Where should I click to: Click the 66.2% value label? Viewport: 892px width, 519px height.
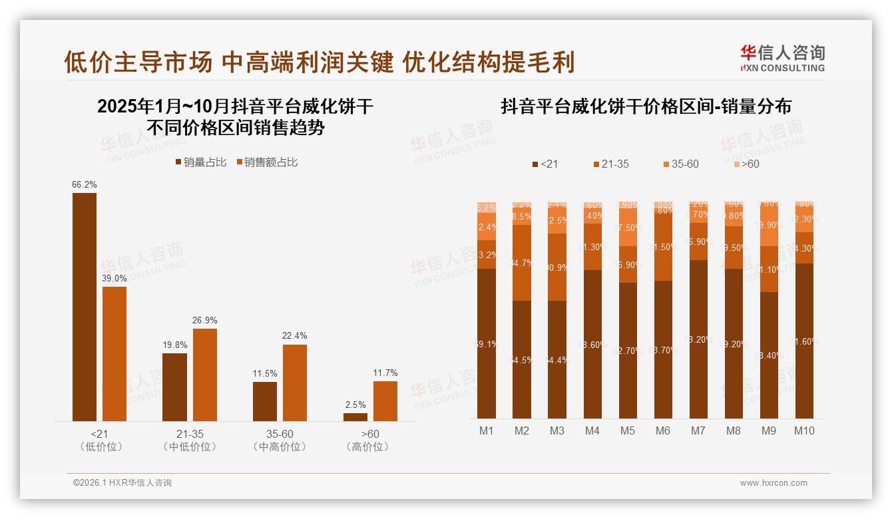[84, 184]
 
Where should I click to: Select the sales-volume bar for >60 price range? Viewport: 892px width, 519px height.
[355, 417]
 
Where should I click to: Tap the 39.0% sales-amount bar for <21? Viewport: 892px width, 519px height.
[114, 353]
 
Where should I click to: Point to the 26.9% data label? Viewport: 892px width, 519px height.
[204, 320]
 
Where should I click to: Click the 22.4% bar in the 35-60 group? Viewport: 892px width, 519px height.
[295, 383]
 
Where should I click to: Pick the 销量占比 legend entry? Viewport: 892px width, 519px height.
[200, 162]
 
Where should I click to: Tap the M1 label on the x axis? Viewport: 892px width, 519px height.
[487, 431]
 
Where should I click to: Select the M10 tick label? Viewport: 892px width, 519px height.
[804, 431]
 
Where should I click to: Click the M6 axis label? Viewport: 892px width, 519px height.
[663, 431]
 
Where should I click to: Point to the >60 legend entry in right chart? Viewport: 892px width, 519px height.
[746, 164]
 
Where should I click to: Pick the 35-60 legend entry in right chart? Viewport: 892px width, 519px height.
[681, 164]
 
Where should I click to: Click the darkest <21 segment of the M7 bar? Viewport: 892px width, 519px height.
[698, 339]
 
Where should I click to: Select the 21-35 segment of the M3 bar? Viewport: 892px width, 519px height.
[557, 267]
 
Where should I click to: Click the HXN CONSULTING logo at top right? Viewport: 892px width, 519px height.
[782, 58]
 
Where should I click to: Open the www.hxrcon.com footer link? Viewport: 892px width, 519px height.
[774, 483]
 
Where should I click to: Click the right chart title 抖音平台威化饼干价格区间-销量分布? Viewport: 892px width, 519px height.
[646, 106]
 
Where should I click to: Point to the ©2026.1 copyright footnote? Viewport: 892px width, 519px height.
[122, 483]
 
